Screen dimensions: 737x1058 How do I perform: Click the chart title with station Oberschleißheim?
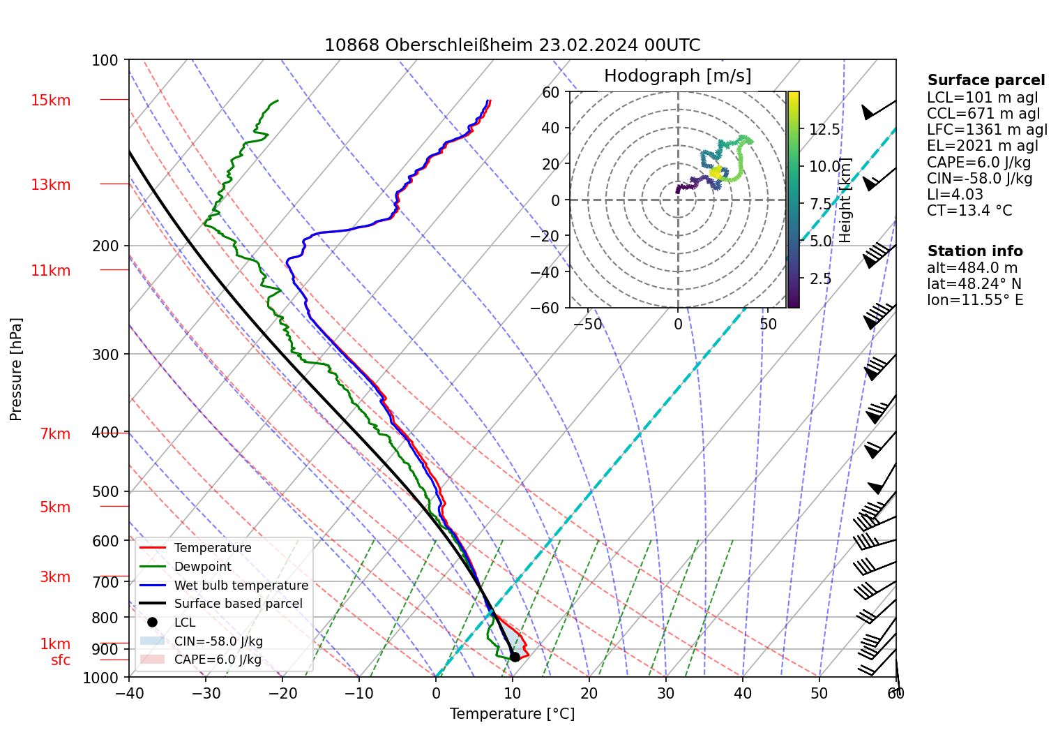[512, 45]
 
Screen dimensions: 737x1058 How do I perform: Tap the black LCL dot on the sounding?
[515, 657]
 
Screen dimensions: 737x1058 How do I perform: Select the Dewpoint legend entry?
[202, 567]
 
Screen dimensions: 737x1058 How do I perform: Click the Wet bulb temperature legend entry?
[241, 586]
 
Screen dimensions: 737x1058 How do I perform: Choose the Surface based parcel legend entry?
[238, 604]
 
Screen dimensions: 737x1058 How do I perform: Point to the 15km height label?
[50, 100]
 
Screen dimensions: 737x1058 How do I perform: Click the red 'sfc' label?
[61, 660]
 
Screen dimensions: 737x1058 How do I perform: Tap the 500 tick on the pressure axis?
[105, 491]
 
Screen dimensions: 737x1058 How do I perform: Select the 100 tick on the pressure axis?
[105, 61]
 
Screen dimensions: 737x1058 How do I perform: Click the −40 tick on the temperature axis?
[129, 693]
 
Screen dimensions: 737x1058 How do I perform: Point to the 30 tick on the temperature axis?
[666, 693]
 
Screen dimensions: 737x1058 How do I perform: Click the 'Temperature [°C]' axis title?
[512, 714]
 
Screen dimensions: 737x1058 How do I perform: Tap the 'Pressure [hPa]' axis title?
[16, 369]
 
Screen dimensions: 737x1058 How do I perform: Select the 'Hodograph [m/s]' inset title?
[677, 76]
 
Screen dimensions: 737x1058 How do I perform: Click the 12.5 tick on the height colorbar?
[824, 130]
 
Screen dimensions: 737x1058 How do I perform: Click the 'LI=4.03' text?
[955, 195]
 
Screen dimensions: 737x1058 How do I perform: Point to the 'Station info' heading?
[974, 251]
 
